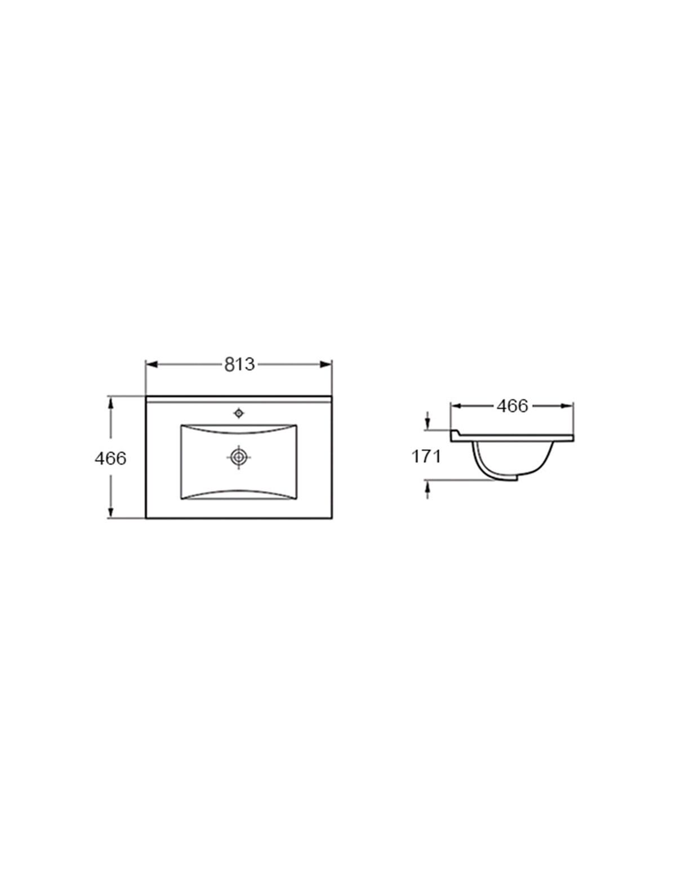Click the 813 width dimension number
pos(239,365)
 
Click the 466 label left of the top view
pos(110,458)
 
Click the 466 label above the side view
pos(512,406)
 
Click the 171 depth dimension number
pos(426,457)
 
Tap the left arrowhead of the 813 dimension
pos(151,365)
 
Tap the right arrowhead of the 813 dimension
pos(326,365)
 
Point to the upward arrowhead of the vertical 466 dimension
pos(110,402)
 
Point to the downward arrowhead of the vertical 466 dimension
pos(110,512)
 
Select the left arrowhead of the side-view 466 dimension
pos(456,406)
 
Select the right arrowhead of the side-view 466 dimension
pos(567,406)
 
